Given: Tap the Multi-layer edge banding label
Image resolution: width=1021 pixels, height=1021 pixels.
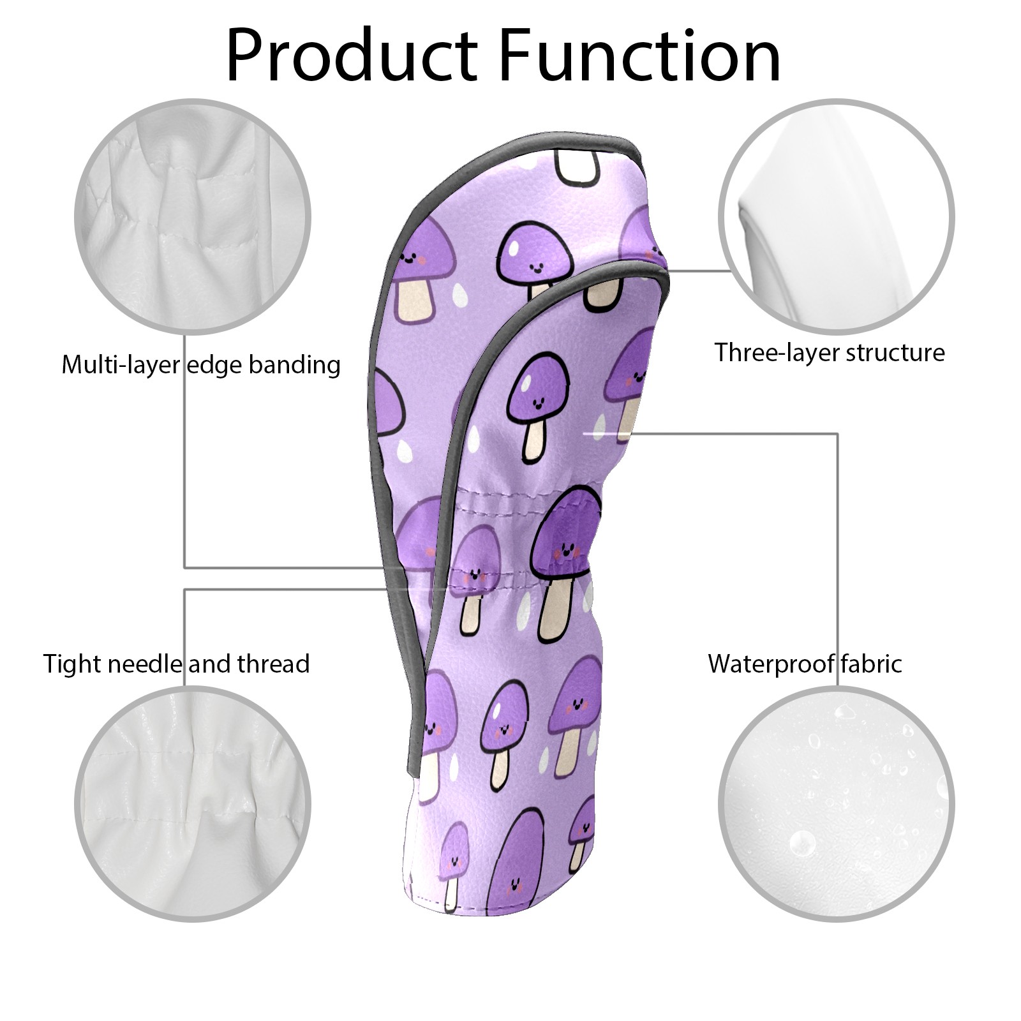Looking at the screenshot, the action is [201, 365].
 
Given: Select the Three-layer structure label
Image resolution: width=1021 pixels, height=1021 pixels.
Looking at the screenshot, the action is [830, 352].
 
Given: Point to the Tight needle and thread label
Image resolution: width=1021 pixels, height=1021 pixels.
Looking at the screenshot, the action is [176, 664].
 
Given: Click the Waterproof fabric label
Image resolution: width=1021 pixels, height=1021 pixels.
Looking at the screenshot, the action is [805, 664].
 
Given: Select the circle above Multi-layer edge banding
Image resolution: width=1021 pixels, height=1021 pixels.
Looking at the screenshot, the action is [193, 217].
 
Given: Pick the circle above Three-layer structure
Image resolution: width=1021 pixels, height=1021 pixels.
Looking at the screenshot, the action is [837, 217].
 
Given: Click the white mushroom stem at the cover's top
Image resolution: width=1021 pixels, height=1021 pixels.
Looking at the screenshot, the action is [578, 164].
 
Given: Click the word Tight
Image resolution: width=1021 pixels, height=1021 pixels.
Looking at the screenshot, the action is [72, 664].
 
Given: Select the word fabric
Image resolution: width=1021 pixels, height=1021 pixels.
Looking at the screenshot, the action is [871, 664].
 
